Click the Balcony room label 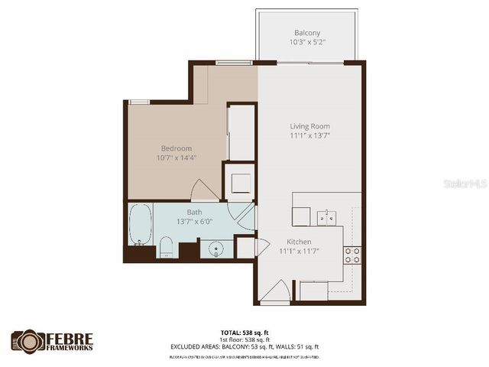pos(307,33)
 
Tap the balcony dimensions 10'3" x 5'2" pos(307,43)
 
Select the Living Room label pos(309,126)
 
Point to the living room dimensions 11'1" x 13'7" pos(309,136)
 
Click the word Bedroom pos(176,148)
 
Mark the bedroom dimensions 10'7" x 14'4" pos(176,158)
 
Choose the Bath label pos(195,212)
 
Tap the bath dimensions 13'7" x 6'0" pos(195,222)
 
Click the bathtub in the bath pos(141,224)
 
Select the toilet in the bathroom pos(166,248)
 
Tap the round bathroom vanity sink pos(217,248)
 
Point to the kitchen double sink pos(327,218)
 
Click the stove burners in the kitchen pos(352,255)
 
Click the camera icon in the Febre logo pos(28,342)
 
